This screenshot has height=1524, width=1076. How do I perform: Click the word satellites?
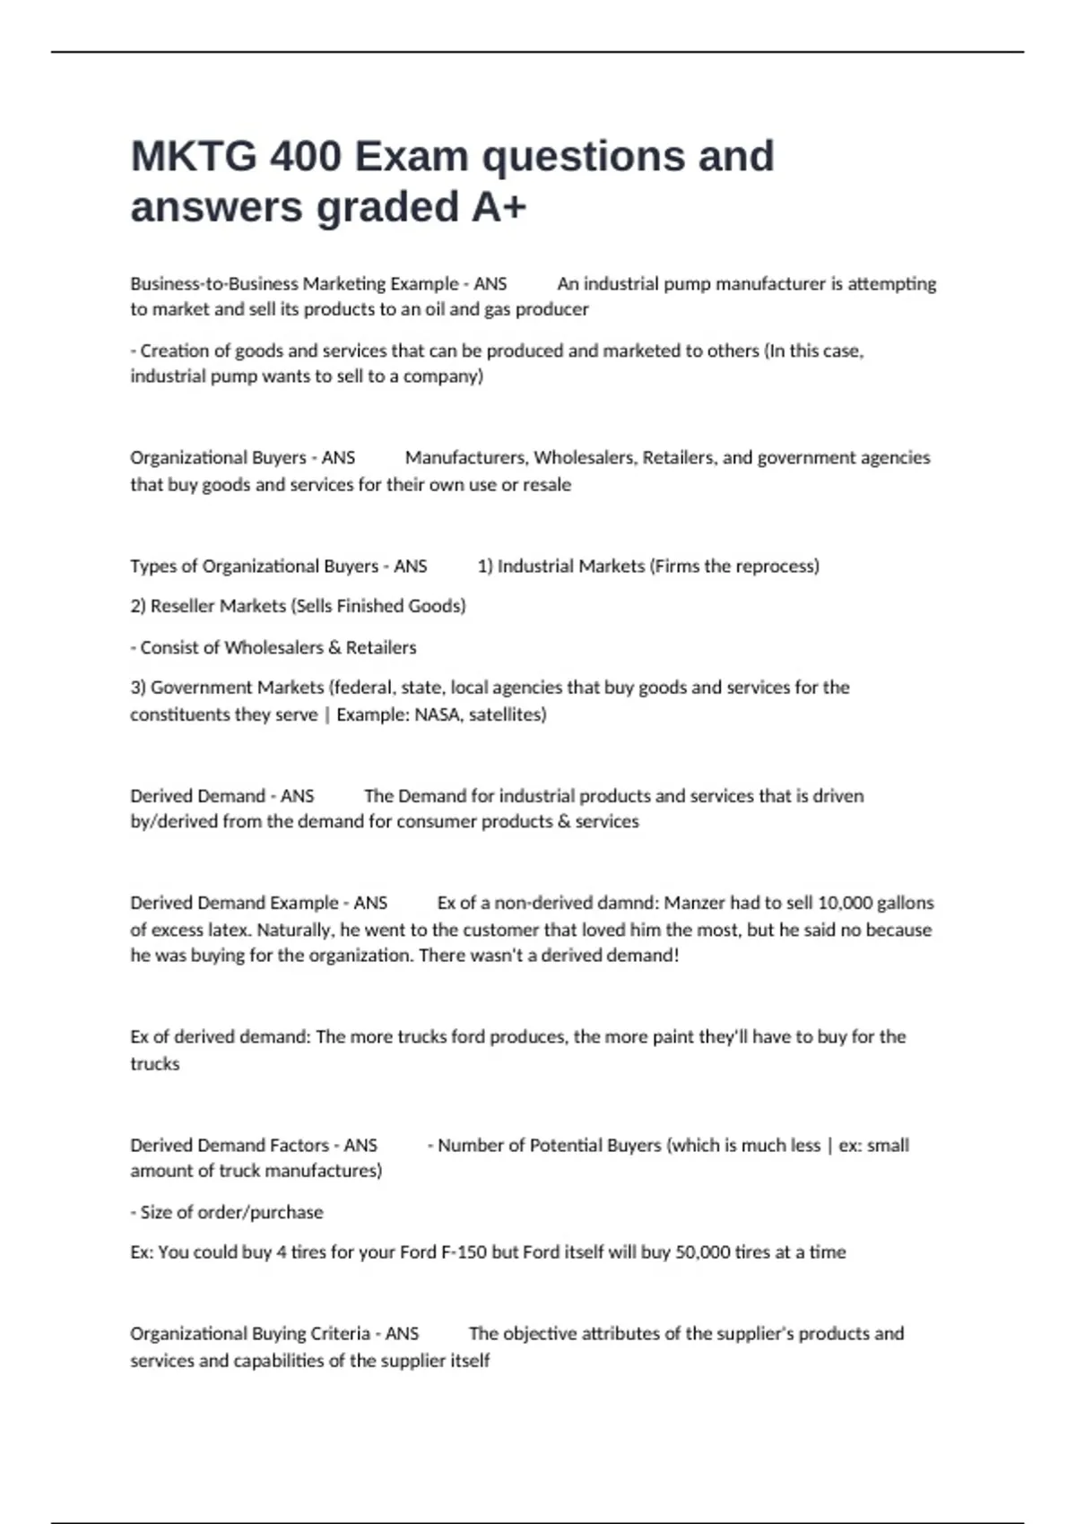click(x=508, y=714)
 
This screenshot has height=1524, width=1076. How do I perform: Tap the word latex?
click(x=210, y=930)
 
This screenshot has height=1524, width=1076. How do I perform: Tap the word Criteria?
click(x=340, y=1334)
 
